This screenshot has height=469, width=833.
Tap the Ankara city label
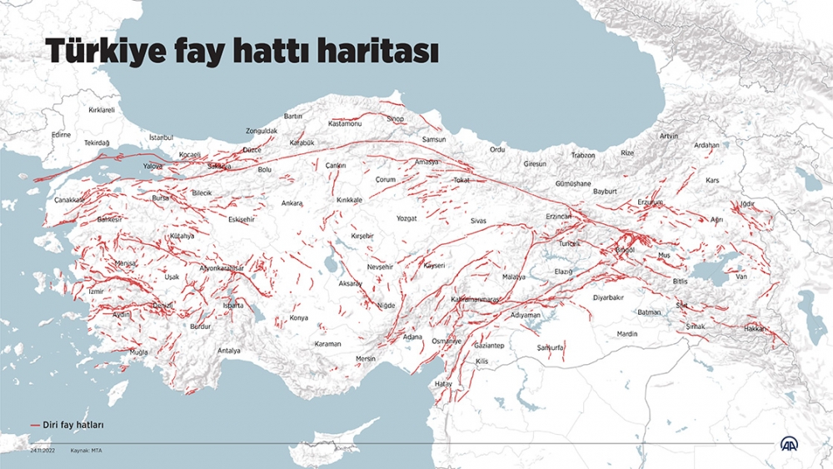click(x=292, y=203)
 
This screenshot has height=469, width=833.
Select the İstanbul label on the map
click(x=161, y=137)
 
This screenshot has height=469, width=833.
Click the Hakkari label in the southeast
click(x=756, y=328)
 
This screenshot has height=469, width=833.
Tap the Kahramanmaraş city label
click(x=475, y=299)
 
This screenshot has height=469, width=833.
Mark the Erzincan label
click(x=558, y=216)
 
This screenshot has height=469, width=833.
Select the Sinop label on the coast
click(x=395, y=119)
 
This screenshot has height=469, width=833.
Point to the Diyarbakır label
click(x=608, y=297)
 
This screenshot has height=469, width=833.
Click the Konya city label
click(x=298, y=318)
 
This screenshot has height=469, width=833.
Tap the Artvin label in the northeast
click(x=668, y=136)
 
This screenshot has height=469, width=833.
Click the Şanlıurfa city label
click(x=551, y=347)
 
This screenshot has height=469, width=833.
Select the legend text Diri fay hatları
click(x=73, y=425)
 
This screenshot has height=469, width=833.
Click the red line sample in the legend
click(x=35, y=425)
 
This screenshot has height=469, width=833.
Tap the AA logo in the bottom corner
click(x=789, y=444)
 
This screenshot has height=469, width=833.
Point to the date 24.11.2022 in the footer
click(x=42, y=450)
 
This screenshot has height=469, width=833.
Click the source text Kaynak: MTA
click(x=87, y=450)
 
